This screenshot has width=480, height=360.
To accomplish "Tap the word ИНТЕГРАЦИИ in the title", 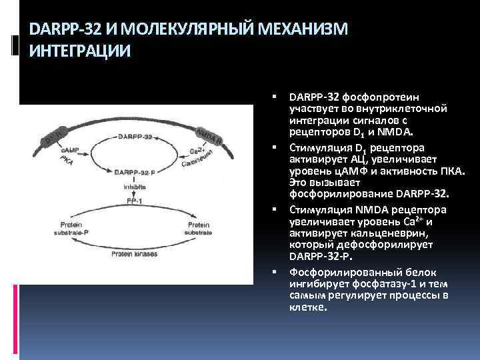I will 75,51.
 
